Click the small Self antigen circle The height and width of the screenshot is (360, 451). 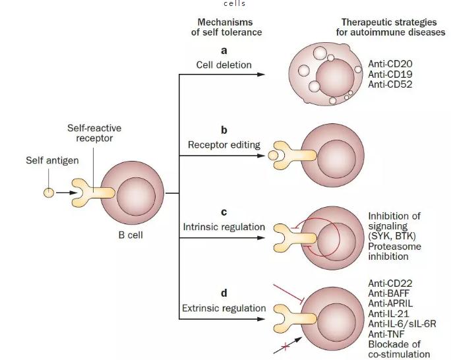(x=47, y=194)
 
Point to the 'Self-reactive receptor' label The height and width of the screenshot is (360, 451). (x=94, y=132)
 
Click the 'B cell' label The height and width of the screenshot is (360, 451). (x=132, y=235)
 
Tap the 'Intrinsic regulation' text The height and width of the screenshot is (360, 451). (x=224, y=227)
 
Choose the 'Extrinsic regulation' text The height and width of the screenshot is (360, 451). (x=224, y=308)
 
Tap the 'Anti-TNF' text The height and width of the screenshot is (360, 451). (x=389, y=335)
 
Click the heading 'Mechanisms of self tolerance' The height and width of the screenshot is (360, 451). (x=221, y=27)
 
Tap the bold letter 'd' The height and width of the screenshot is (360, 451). (x=224, y=291)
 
